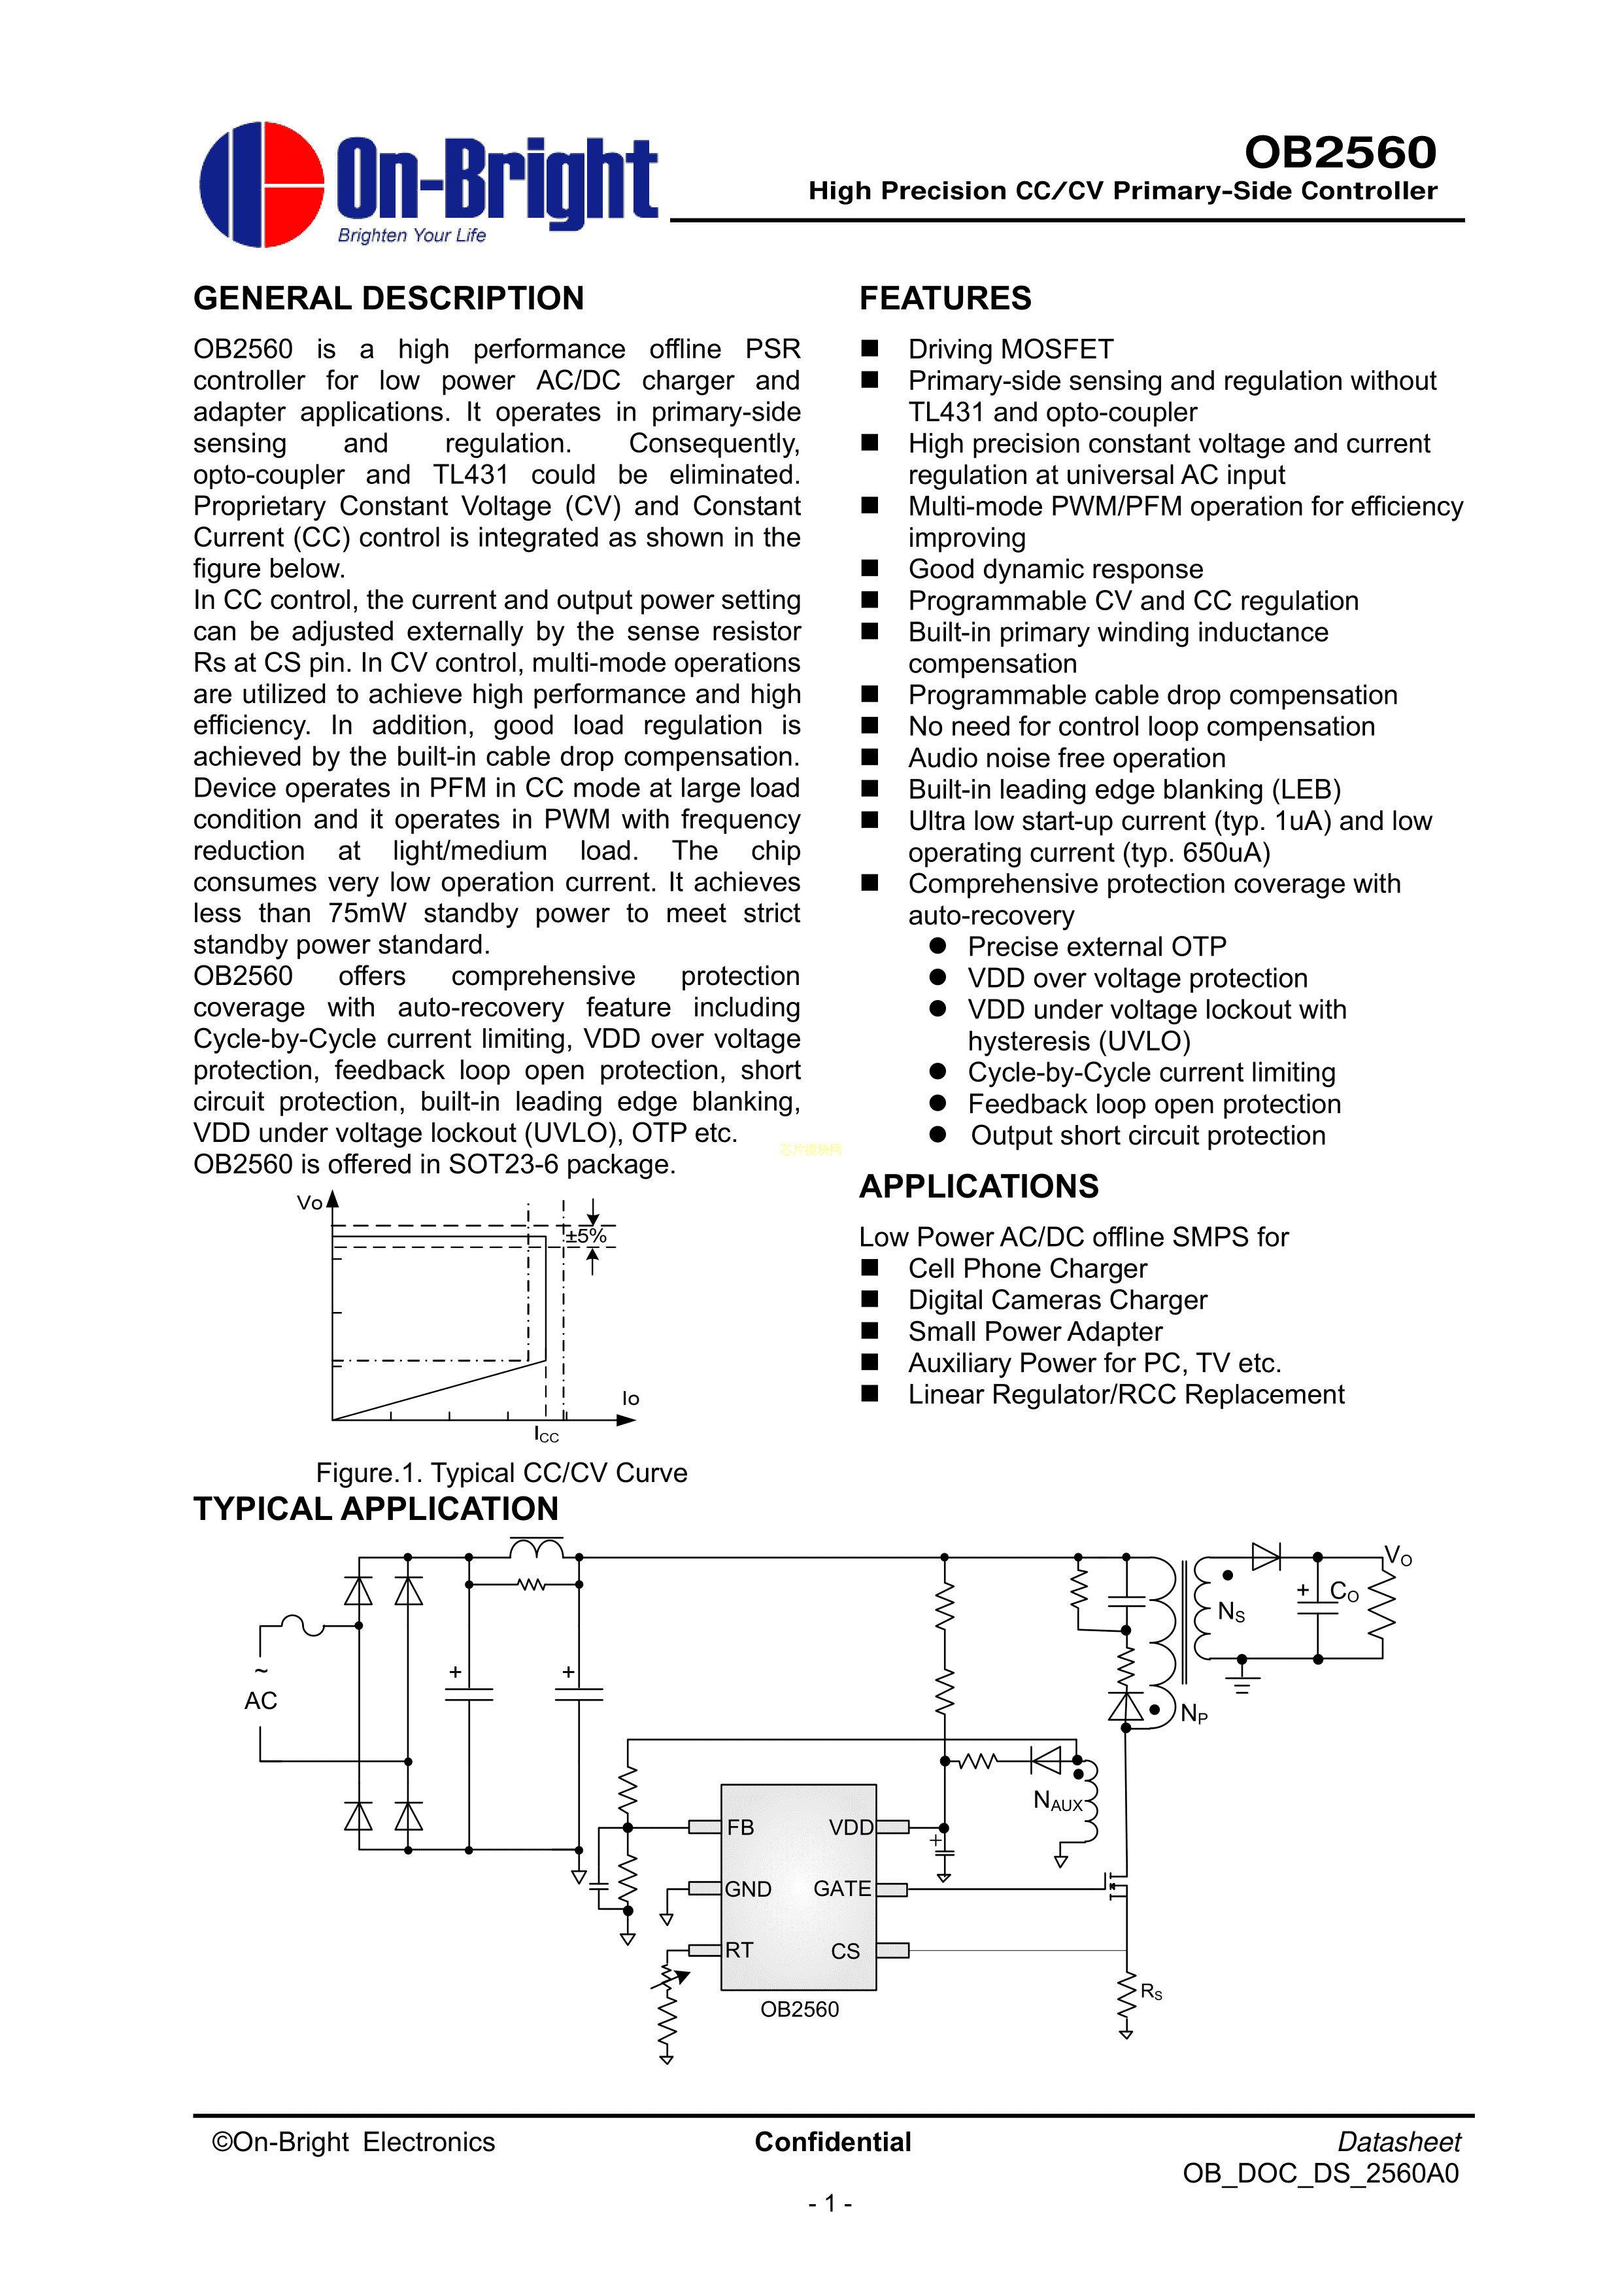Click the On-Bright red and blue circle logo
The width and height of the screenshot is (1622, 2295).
pyautogui.click(x=262, y=185)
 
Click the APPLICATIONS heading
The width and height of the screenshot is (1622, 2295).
pyautogui.click(x=979, y=1186)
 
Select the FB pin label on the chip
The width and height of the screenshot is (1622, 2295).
pyautogui.click(x=741, y=1827)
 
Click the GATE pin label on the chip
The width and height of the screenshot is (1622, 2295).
pyautogui.click(x=841, y=1888)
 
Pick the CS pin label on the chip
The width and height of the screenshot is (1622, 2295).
pyautogui.click(x=845, y=1950)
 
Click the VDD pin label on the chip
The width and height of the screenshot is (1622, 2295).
pyautogui.click(x=851, y=1827)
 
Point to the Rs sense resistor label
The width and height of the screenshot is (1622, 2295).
pyautogui.click(x=1151, y=1992)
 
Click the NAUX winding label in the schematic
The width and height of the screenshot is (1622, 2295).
pyautogui.click(x=1057, y=1801)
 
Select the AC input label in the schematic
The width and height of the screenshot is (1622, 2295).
pyautogui.click(x=261, y=1700)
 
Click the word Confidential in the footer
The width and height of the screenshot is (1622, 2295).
pyautogui.click(x=832, y=2141)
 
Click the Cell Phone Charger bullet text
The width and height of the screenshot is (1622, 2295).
pyautogui.click(x=1026, y=1268)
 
